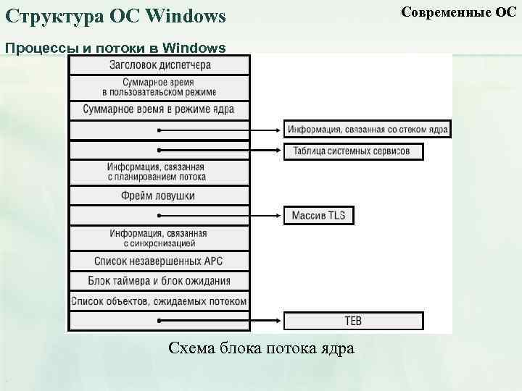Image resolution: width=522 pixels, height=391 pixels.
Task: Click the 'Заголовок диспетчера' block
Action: click(159, 64)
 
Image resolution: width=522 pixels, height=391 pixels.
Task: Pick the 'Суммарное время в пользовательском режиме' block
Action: click(159, 87)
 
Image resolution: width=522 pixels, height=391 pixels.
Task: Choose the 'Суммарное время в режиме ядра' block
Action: click(159, 110)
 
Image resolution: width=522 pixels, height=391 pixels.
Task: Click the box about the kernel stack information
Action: click(368, 130)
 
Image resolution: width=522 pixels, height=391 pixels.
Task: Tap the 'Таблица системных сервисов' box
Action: click(352, 151)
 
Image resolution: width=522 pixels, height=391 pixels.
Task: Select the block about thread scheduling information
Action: click(159, 172)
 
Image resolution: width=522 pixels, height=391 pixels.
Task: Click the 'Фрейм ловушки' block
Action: click(159, 195)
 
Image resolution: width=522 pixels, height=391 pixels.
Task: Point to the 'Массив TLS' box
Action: click(319, 215)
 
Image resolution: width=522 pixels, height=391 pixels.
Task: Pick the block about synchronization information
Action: click(159, 238)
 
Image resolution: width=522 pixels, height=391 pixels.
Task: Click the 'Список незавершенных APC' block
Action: click(159, 261)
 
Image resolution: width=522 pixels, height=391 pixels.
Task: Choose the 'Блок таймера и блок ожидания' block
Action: click(159, 281)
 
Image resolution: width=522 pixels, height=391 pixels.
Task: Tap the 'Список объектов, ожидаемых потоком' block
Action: click(159, 301)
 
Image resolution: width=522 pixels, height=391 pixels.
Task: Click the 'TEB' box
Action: click(353, 321)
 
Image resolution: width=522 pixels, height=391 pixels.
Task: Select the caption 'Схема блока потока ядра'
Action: click(261, 348)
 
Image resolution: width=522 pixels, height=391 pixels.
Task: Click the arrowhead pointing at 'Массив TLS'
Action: click(279, 215)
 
